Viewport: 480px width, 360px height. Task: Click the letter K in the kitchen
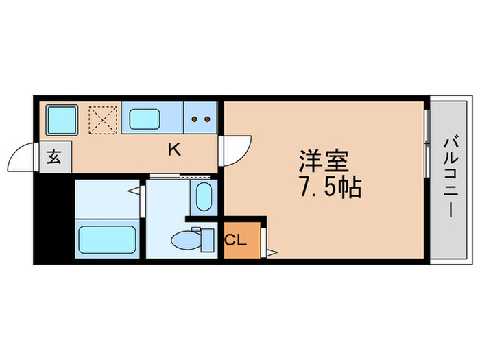pos(175,150)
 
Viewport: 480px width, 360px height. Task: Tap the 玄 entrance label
pos(53,156)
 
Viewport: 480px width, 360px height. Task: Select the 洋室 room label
pos(323,161)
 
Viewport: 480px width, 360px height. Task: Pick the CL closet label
pos(235,241)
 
